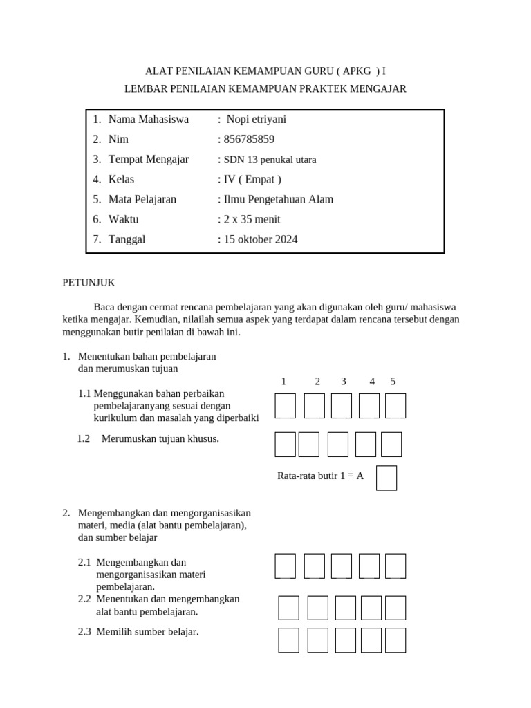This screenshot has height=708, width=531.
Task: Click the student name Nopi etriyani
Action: click(256, 119)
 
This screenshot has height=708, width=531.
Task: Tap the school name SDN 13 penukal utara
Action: click(269, 160)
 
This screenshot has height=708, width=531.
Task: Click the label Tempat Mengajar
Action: click(148, 159)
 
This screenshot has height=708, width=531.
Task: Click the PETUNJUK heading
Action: click(88, 283)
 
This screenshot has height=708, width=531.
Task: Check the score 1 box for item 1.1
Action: click(285, 406)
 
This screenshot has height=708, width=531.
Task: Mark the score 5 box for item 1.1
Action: click(395, 406)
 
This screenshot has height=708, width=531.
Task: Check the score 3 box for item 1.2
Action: click(337, 445)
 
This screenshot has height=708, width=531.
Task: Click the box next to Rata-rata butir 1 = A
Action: click(386, 478)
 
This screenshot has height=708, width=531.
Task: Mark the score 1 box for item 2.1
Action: click(285, 566)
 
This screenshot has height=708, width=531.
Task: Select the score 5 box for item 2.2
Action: click(395, 608)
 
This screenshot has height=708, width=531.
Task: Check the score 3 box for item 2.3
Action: click(345, 640)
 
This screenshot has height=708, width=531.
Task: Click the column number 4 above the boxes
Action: click(372, 381)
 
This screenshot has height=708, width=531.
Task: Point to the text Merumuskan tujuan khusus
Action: click(160, 438)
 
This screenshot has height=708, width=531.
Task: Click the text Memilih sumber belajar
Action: click(147, 631)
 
